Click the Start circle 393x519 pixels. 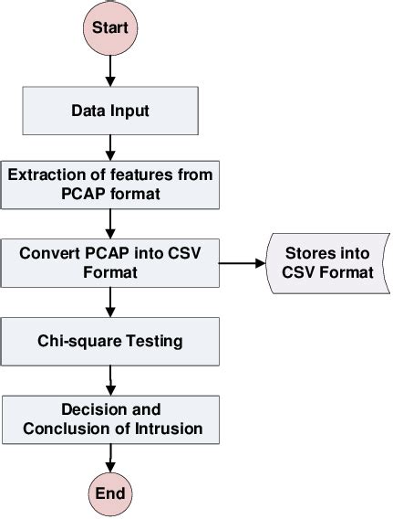110,27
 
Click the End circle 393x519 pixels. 110,494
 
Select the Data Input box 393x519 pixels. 110,111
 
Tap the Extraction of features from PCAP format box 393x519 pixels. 110,183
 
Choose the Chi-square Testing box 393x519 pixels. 110,341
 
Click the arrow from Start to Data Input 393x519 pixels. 110,69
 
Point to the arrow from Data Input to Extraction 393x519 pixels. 110,144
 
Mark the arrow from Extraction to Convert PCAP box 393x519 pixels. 110,221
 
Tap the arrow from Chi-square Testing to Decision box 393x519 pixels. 110,378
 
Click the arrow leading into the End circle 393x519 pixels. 110,457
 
